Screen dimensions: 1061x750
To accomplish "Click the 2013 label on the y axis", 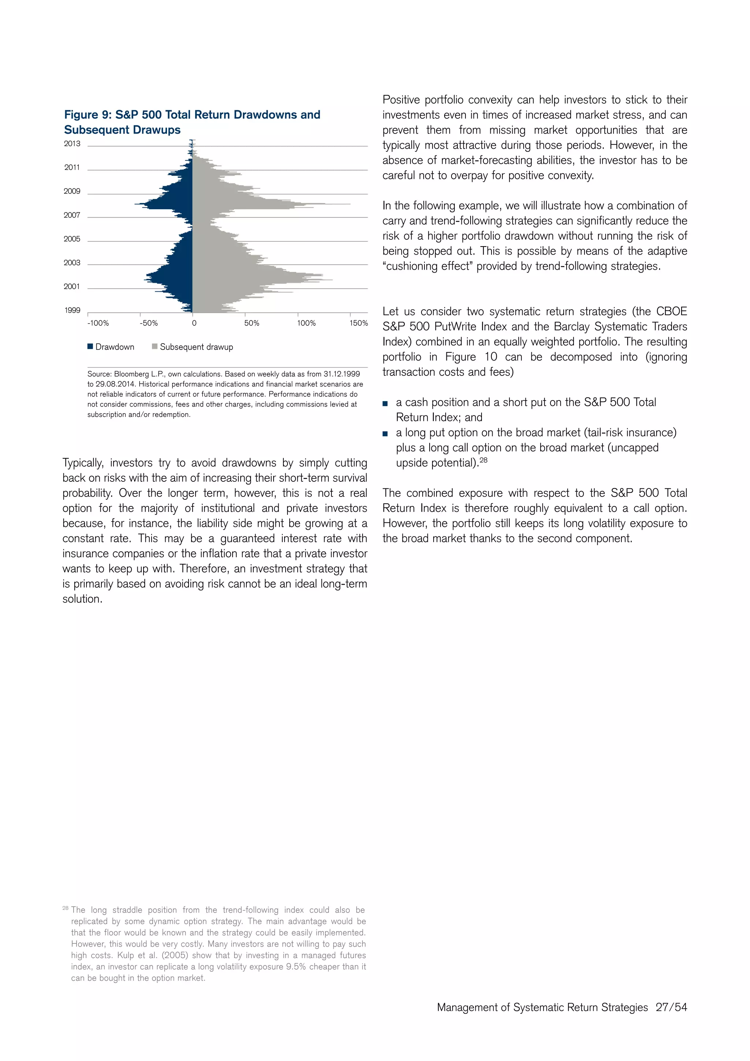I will (72, 144).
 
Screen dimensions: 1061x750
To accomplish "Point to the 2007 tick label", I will (72, 215).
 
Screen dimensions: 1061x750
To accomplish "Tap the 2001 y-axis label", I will (72, 286).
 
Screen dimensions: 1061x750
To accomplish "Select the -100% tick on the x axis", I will (98, 323).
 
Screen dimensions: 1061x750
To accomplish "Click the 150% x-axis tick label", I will (359, 323).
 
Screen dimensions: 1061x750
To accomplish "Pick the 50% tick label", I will (252, 323).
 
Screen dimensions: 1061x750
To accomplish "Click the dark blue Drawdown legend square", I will (90, 347).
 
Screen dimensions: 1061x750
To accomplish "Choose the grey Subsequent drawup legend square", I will (155, 347).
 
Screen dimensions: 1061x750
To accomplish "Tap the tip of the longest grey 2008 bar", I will (350, 204).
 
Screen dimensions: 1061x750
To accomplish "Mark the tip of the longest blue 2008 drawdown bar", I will (135, 204).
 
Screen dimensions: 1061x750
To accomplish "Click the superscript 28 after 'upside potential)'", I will (483, 460).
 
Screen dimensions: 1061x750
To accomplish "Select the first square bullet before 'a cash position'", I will (385, 404).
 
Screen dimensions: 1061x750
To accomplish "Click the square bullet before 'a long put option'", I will (385, 434).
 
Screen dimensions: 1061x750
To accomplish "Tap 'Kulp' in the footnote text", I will (126, 955).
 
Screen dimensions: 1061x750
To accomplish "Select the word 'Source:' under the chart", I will (99, 374).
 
